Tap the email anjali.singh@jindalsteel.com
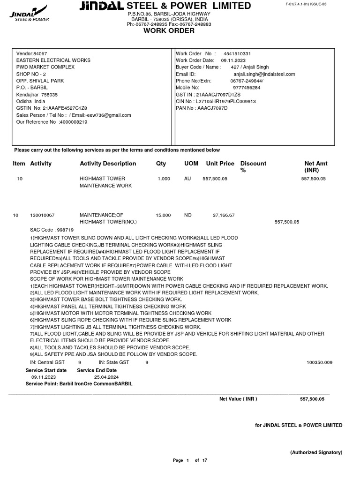click(264, 74)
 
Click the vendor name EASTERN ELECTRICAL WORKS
click(53, 60)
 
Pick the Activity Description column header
click(108, 164)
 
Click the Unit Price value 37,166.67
click(224, 215)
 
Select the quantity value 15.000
click(163, 215)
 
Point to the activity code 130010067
click(42, 215)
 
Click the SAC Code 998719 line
click(52, 230)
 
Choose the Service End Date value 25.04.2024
click(106, 377)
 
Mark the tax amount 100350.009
click(319, 362)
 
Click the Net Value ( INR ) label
click(238, 399)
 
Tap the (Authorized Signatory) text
click(316, 452)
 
